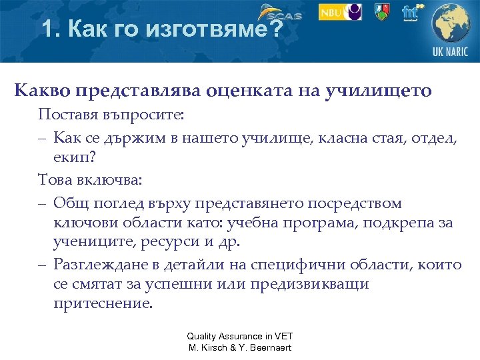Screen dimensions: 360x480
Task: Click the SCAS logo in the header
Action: click(280, 13)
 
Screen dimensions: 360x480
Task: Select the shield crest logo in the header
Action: click(381, 12)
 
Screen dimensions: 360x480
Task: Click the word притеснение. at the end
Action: click(103, 303)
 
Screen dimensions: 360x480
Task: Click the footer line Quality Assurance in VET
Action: click(240, 337)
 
